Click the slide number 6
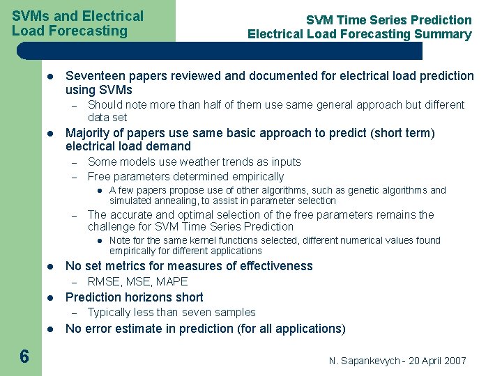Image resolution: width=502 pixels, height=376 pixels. (24, 357)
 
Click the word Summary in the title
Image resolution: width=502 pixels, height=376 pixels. (443, 34)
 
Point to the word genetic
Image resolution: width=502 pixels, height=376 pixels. (353, 190)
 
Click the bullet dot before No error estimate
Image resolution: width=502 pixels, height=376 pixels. (50, 329)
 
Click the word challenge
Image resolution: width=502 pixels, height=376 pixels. (112, 226)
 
